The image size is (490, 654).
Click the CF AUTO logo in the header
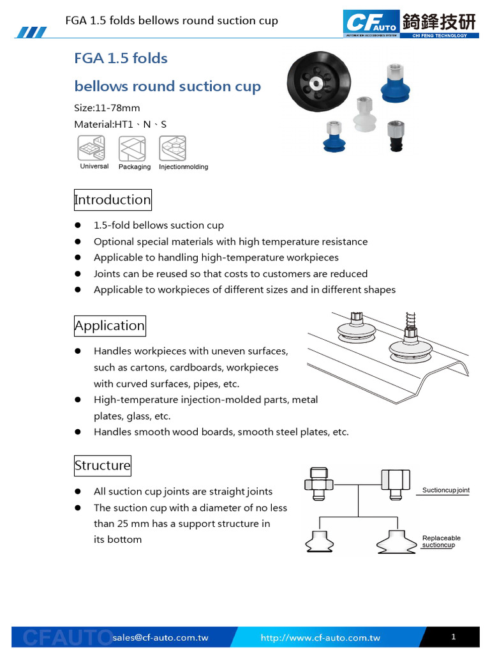pyautogui.click(x=372, y=23)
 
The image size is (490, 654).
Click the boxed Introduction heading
pyautogui.click(x=112, y=200)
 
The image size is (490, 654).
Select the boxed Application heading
pyautogui.click(x=110, y=326)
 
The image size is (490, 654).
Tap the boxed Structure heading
pyautogui.click(x=102, y=466)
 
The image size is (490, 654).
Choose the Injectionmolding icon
pyautogui.click(x=173, y=148)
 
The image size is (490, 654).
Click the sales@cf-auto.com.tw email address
pyautogui.click(x=160, y=637)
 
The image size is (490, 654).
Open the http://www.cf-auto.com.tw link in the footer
pyautogui.click(x=320, y=637)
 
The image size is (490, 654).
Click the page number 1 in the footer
pyautogui.click(x=453, y=637)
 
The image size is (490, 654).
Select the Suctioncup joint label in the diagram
pyautogui.click(x=446, y=490)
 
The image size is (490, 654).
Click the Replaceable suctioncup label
pyautogui.click(x=441, y=542)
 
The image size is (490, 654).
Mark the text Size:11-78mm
pyautogui.click(x=107, y=107)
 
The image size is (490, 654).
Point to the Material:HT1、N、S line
pyautogui.click(x=121, y=124)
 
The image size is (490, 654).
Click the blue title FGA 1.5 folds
pyautogui.click(x=121, y=59)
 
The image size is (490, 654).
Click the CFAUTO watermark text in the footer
pyautogui.click(x=68, y=638)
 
